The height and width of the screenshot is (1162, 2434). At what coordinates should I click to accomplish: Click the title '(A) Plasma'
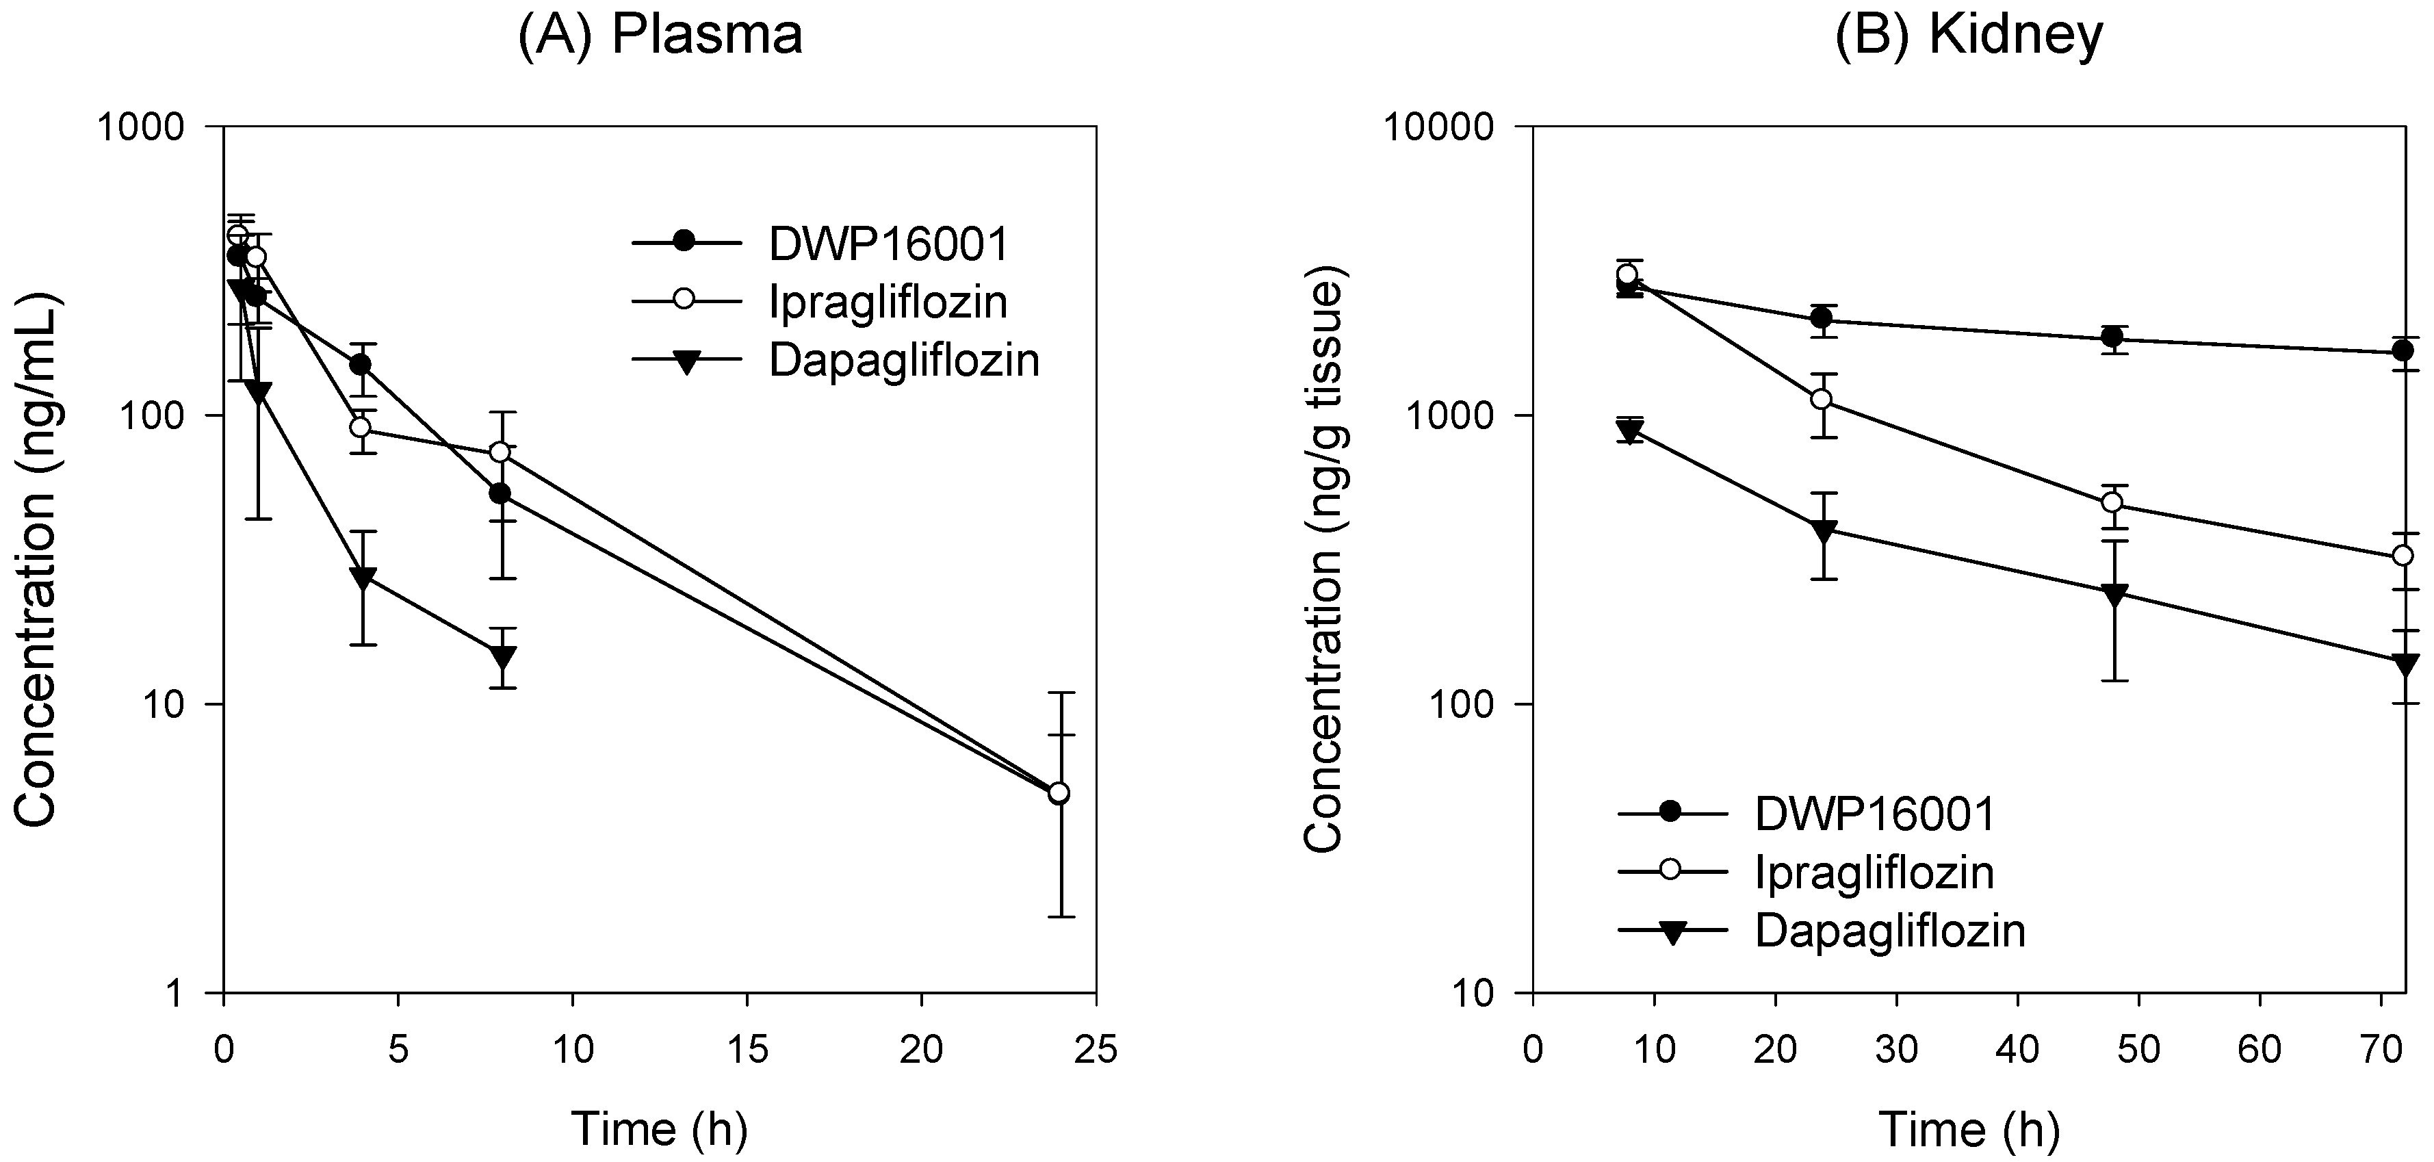660,35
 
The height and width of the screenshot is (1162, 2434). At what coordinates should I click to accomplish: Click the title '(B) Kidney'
1969,35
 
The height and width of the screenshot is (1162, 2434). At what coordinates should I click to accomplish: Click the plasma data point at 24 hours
1060,792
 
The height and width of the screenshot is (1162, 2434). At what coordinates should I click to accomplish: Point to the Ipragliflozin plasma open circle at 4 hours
360,427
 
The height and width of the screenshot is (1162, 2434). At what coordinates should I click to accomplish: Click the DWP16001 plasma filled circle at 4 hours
360,365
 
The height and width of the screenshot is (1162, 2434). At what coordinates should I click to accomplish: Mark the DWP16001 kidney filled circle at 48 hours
2114,337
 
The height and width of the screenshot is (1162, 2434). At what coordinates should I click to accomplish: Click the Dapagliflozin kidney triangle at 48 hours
2114,595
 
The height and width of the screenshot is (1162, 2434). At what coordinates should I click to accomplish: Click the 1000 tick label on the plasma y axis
149,127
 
